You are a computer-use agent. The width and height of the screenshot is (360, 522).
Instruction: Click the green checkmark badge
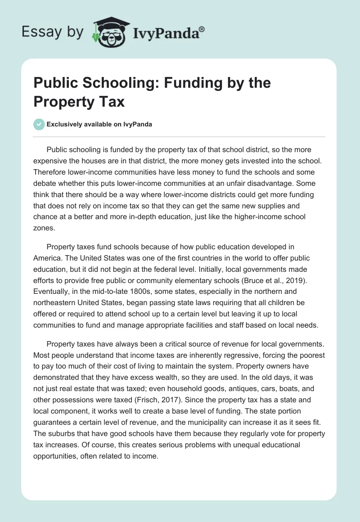click(39, 124)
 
